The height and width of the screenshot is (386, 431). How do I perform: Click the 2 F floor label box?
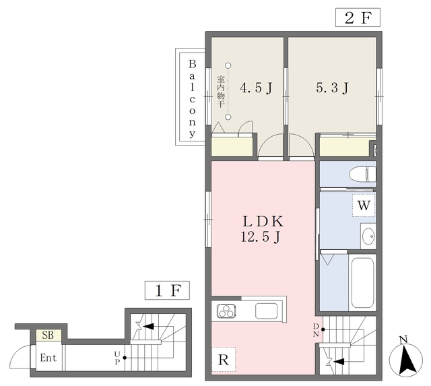358,18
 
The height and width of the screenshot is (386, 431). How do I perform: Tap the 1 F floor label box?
167,290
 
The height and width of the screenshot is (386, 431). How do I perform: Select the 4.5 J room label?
256,88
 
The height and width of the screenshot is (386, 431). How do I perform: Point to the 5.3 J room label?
332,88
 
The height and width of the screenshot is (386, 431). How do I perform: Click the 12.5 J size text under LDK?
261,236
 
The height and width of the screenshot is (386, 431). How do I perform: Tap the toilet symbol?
362,174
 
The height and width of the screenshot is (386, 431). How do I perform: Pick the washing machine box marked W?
364,205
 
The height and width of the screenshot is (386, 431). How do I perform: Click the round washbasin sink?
368,236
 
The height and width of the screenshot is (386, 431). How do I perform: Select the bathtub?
362,283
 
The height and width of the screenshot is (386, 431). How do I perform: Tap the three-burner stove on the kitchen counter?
226,311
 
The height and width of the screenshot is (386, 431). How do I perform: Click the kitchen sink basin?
266,311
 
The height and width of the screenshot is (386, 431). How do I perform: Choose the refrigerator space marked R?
224,359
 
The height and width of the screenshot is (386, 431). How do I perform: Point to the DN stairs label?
316,330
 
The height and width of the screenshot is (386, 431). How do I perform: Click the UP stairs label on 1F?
117,358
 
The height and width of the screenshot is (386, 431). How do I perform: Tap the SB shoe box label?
48,335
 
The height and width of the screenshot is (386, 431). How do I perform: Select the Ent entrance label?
48,358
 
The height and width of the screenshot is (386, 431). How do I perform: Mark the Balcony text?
192,99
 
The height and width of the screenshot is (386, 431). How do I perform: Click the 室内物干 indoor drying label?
221,92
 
